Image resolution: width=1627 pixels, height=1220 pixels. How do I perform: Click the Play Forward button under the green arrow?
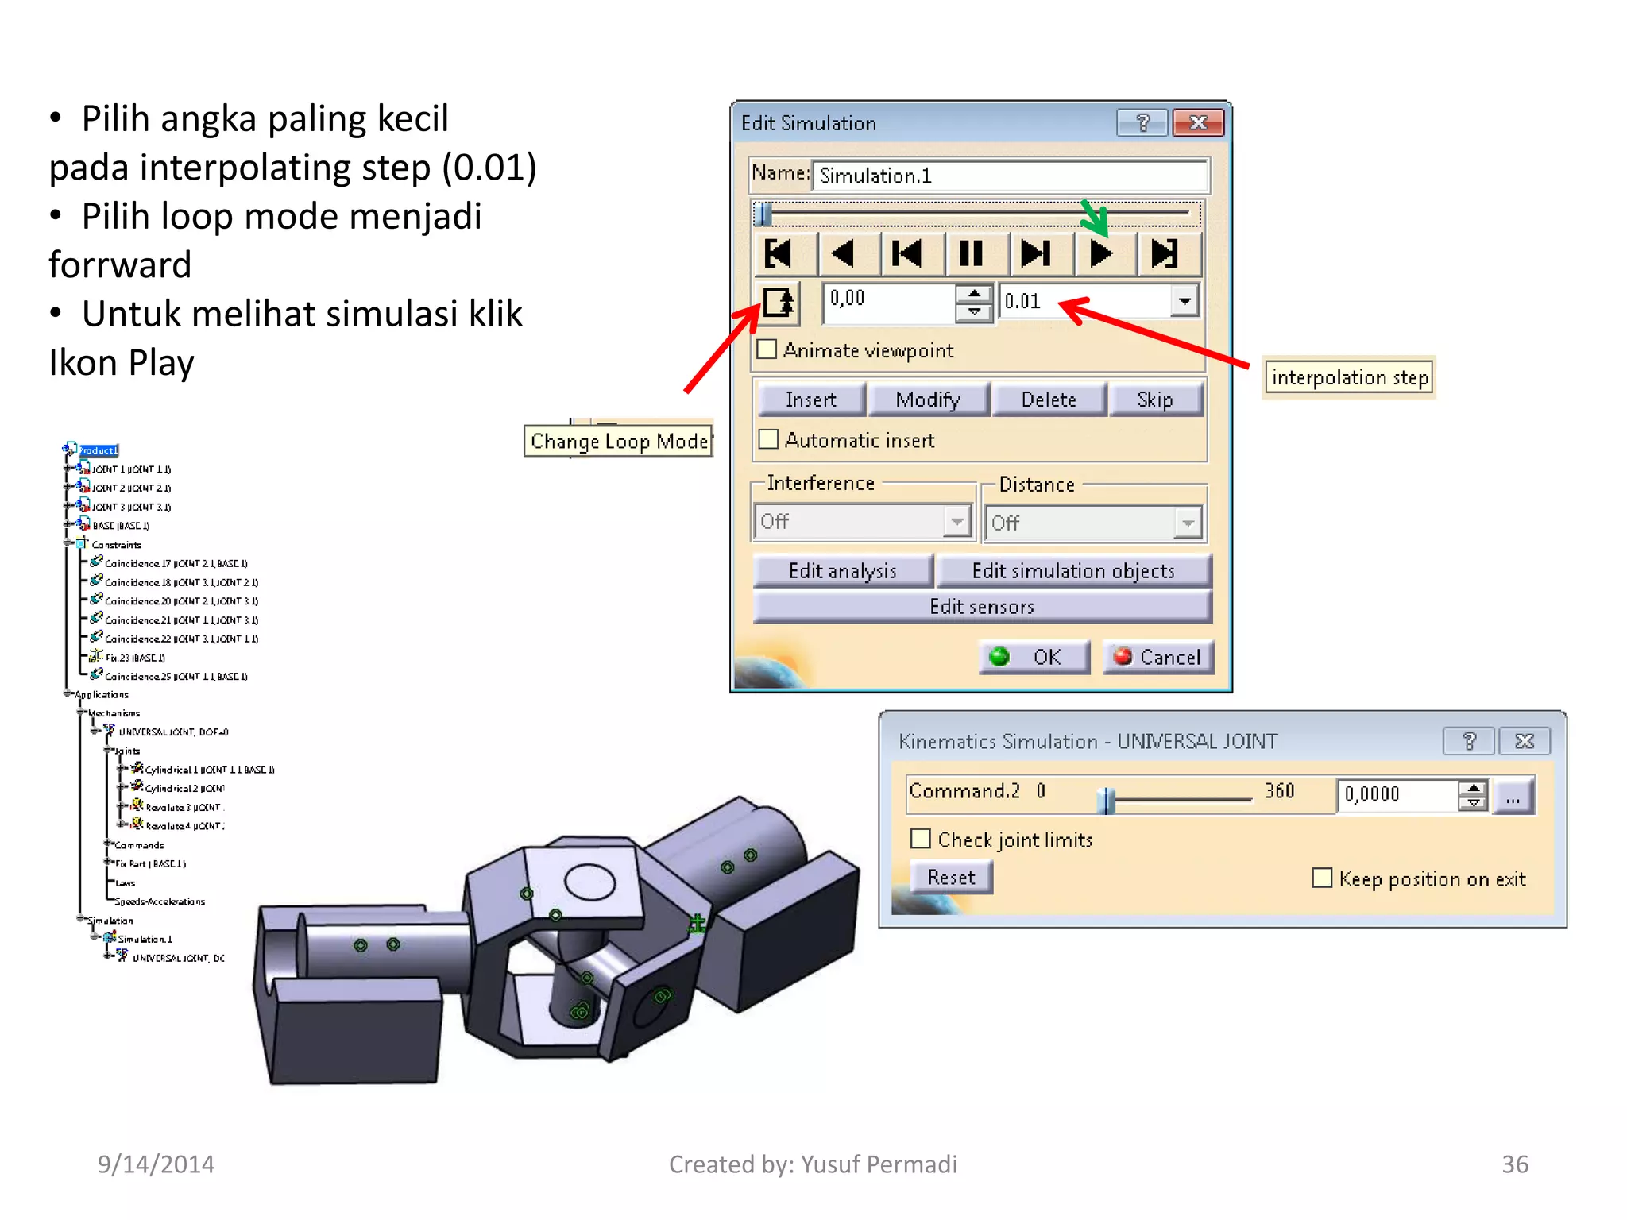tap(1102, 254)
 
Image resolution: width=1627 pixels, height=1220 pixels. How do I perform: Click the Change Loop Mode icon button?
tap(778, 303)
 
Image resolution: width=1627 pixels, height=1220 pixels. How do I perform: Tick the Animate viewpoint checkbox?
tap(767, 349)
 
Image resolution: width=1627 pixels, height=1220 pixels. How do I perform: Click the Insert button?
tap(810, 400)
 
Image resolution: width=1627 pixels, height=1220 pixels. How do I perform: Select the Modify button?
tap(928, 400)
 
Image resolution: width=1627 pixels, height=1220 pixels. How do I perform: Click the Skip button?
tap(1154, 400)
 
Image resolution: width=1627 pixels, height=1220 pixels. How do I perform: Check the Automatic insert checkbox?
tap(768, 439)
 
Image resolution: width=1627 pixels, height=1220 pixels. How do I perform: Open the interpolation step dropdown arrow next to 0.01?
tap(1185, 301)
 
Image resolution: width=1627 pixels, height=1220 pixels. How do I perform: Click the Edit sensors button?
tap(981, 607)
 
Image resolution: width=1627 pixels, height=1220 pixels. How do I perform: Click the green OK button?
tap(1034, 657)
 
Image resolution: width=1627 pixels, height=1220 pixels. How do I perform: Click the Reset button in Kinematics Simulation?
tap(951, 878)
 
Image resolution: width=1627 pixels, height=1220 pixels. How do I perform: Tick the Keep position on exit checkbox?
tap(1322, 878)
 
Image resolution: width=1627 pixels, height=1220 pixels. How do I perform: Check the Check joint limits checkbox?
tap(920, 839)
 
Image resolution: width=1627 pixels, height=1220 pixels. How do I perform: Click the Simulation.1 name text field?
tap(1009, 176)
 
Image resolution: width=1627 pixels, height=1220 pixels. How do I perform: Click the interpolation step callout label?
tap(1349, 377)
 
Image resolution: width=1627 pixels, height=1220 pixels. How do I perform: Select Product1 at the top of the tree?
tap(98, 450)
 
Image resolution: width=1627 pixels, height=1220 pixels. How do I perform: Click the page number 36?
tap(1514, 1164)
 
